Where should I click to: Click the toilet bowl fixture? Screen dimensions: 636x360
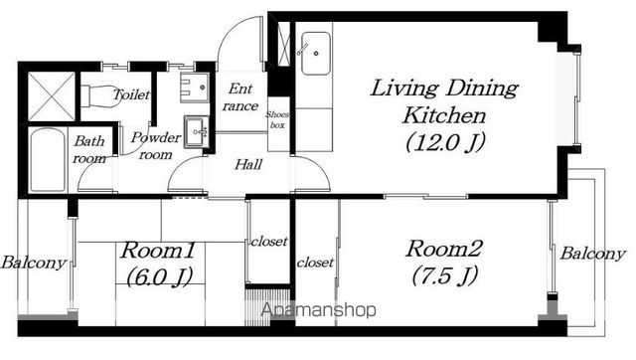(100, 96)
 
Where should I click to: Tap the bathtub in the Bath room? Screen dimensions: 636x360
(48, 160)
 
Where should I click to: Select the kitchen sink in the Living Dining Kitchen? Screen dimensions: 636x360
(316, 54)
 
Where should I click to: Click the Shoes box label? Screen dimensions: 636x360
(277, 119)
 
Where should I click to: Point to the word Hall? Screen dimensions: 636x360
(248, 164)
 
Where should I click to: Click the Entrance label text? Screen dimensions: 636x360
(240, 97)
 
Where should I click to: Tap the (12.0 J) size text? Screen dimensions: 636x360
(445, 142)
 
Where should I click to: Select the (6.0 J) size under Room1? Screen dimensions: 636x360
(159, 277)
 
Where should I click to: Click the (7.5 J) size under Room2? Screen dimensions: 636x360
(445, 275)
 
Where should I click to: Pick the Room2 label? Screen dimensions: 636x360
(444, 249)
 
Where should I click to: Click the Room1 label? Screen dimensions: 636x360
(158, 250)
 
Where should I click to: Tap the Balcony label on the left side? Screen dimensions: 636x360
(33, 263)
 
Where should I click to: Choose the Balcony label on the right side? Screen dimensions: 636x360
(592, 254)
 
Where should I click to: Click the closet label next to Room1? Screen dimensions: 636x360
(269, 242)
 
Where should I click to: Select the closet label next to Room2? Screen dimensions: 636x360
(315, 263)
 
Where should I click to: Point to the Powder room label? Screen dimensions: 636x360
(156, 146)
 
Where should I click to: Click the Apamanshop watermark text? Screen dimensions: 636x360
(318, 310)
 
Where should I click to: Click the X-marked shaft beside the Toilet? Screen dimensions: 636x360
(52, 97)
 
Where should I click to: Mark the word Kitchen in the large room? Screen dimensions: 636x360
(444, 115)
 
